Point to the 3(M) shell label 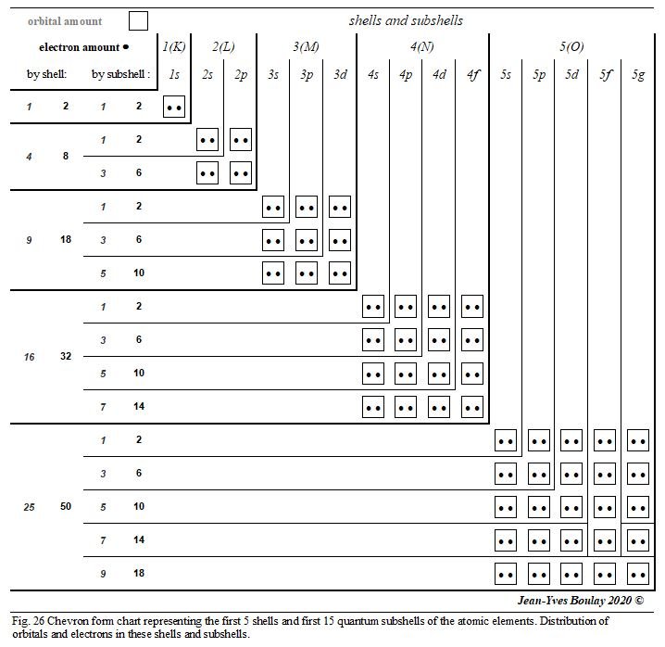click(x=307, y=46)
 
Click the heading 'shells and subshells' click(x=406, y=19)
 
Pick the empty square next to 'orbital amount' click(x=138, y=20)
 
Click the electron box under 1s click(x=174, y=107)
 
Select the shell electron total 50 click(x=66, y=507)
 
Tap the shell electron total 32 click(x=66, y=356)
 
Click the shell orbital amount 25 click(x=30, y=507)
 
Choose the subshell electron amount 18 click(x=139, y=574)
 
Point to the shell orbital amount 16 click(x=30, y=356)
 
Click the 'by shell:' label click(x=46, y=74)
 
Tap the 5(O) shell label click(x=571, y=46)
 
